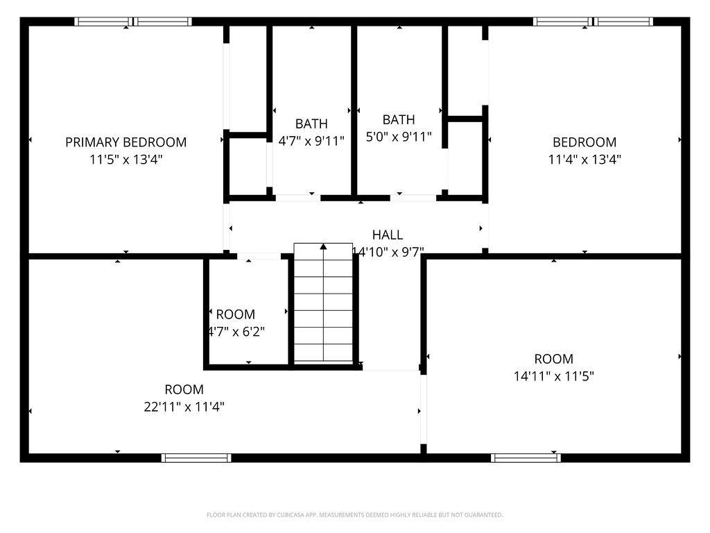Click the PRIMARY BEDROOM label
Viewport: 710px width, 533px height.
point(125,142)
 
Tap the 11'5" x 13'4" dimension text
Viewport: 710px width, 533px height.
point(125,159)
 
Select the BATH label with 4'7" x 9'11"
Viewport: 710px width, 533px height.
point(311,124)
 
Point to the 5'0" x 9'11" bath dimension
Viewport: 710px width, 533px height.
point(399,137)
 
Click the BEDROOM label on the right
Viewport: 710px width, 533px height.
point(584,142)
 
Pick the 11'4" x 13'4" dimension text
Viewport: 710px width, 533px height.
point(584,159)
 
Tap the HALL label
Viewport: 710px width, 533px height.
point(387,235)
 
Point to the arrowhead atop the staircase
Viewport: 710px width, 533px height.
point(323,246)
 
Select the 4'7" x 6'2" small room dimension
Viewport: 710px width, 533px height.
point(236,331)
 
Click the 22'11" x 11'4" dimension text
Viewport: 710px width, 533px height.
point(184,407)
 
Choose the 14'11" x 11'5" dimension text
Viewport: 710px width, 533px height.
point(553,376)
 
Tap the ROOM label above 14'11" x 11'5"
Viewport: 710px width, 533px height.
point(553,359)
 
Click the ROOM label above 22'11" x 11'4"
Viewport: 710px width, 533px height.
point(184,389)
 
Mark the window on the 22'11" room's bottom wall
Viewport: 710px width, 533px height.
point(196,457)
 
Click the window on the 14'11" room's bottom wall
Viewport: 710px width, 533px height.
point(526,457)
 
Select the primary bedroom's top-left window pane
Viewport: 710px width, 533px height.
point(102,22)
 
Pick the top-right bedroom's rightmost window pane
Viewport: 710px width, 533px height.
point(624,22)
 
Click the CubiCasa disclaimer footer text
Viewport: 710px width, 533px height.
point(354,515)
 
